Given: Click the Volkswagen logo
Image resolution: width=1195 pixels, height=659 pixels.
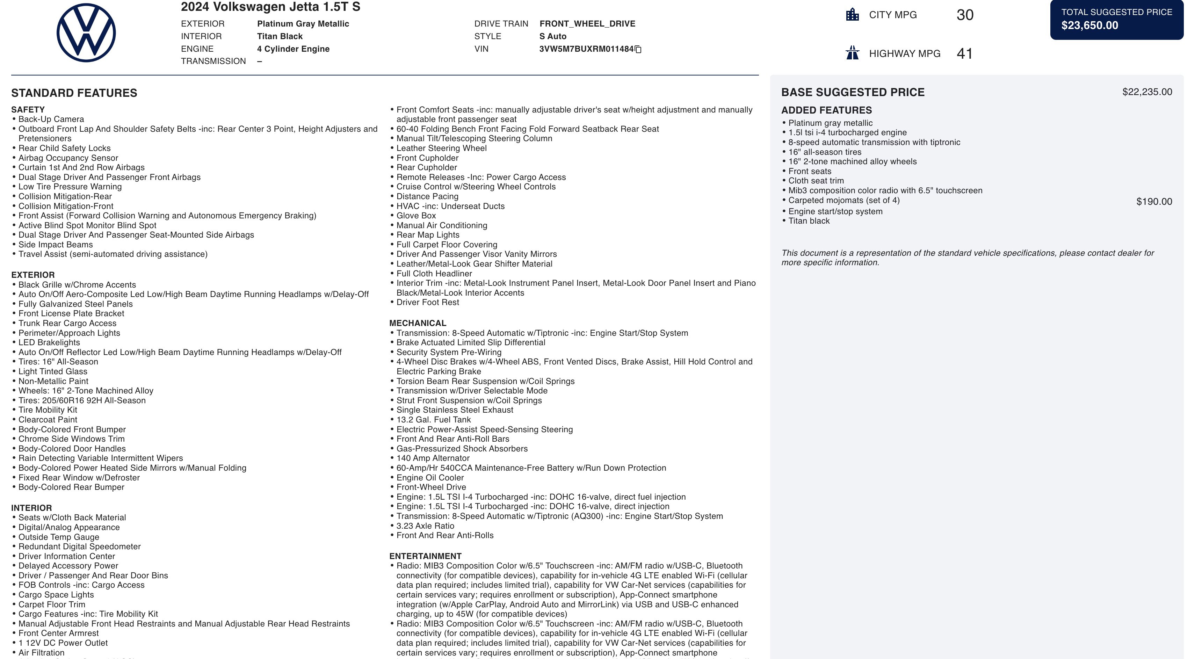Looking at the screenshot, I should pyautogui.click(x=86, y=33).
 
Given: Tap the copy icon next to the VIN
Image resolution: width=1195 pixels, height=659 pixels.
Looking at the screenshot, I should pyautogui.click(x=638, y=50).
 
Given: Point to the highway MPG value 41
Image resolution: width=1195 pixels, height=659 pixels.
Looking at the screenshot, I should pyautogui.click(x=964, y=54).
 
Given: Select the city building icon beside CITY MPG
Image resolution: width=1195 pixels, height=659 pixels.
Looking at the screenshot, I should pyautogui.click(x=852, y=15).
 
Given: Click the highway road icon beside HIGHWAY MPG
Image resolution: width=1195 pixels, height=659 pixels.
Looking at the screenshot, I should pyautogui.click(x=852, y=53).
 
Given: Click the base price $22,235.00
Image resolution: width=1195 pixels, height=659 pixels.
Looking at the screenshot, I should pyautogui.click(x=1147, y=92).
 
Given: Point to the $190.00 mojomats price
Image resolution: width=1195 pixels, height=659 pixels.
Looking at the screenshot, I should pyautogui.click(x=1154, y=202).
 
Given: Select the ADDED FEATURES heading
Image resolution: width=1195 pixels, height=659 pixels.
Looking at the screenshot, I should pyautogui.click(x=826, y=110).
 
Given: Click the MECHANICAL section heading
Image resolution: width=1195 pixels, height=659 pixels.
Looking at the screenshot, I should pyautogui.click(x=418, y=323).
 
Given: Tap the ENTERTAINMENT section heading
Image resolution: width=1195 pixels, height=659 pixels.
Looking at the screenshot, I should pyautogui.click(x=425, y=556).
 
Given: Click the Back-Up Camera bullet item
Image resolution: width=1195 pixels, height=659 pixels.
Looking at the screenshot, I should pyautogui.click(x=51, y=119).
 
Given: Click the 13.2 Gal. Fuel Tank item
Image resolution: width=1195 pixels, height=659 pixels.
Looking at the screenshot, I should pyautogui.click(x=433, y=420).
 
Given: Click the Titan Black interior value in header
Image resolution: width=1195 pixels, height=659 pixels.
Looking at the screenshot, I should pyautogui.click(x=280, y=37).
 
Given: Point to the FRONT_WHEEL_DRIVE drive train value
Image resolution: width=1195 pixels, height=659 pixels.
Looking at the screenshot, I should pyautogui.click(x=587, y=24).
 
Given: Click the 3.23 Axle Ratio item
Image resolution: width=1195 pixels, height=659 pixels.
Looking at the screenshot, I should pyautogui.click(x=425, y=526).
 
